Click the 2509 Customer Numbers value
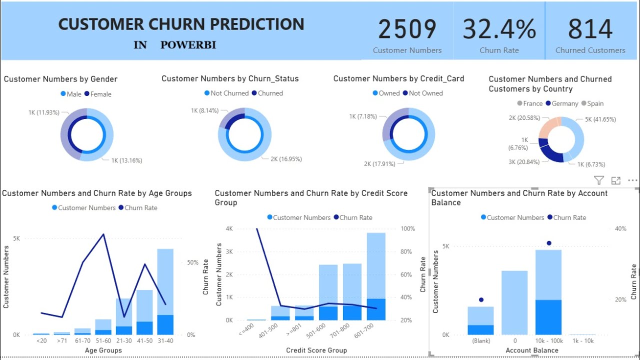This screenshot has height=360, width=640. coord(407,29)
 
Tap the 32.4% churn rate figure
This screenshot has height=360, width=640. coord(499,29)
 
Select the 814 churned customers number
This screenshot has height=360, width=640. coord(590,29)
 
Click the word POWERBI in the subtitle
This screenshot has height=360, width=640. coord(188,45)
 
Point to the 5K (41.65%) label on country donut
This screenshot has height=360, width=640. coord(600,119)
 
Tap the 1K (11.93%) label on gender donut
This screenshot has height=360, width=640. coord(43,112)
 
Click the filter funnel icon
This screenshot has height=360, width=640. coord(598,180)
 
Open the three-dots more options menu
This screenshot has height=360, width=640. coord(632,180)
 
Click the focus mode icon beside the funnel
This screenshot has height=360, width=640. coord(615,180)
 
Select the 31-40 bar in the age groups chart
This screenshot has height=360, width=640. coord(165,291)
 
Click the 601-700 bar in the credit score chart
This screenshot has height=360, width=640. coord(376,276)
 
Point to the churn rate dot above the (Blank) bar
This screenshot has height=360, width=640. coord(481,299)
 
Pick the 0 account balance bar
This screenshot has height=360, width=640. coord(514,302)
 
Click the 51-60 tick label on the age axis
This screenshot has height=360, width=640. coord(103,341)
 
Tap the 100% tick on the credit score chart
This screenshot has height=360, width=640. coord(408,228)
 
